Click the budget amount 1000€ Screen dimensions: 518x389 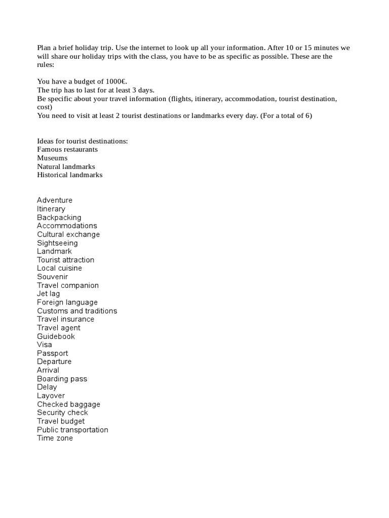coord(116,81)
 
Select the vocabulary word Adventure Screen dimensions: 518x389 coord(55,200)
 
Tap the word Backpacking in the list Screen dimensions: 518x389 coord(59,218)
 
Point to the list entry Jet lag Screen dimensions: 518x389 coord(48,294)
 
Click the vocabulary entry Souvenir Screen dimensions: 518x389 coord(52,277)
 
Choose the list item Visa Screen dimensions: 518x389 coord(45,345)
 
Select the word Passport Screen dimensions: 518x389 coord(52,353)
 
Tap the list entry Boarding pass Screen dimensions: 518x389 coord(62,379)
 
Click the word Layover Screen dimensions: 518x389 coord(51,396)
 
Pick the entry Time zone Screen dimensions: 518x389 coord(55,438)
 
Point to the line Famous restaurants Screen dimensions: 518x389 coord(67,150)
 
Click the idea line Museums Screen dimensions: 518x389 coord(52,158)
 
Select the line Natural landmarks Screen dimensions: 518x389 coord(66,166)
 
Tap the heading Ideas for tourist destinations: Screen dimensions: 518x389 coord(83,141)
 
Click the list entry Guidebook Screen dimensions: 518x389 coord(56,336)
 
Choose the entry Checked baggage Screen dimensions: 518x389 coord(68,404)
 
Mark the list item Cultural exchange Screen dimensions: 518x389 coord(68,234)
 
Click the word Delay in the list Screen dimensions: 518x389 coord(47,387)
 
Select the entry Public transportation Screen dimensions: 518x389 coord(72,430)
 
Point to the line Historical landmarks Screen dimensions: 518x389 coord(69,175)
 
